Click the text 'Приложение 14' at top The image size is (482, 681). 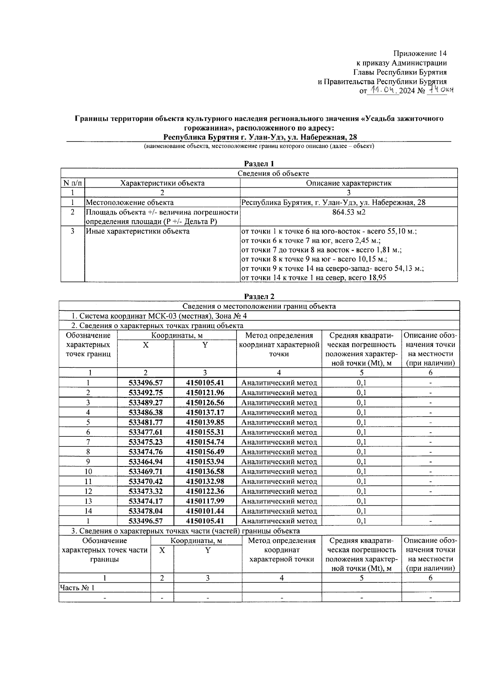point(420,53)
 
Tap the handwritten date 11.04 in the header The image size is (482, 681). point(383,91)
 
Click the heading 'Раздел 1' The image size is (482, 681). point(259,164)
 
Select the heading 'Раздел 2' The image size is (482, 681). point(259,297)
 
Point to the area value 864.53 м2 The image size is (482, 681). point(349,212)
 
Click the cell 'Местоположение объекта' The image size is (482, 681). point(130,203)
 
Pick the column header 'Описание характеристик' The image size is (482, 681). point(349,183)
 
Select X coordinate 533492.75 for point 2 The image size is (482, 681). point(145,393)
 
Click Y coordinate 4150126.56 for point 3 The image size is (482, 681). point(205,403)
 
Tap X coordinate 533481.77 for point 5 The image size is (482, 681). point(145,422)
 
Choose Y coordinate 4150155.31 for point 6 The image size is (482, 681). point(205,432)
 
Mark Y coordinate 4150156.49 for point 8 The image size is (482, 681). point(205,452)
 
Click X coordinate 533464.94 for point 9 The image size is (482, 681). point(145,462)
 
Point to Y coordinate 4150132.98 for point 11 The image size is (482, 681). point(205,481)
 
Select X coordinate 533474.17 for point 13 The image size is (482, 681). point(145,501)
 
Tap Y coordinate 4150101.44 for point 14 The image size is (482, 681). point(205,511)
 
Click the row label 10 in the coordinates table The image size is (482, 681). point(88,472)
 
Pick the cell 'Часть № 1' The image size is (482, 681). point(77,588)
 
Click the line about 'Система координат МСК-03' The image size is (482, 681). point(159,316)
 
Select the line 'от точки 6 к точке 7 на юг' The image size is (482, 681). point(310,241)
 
